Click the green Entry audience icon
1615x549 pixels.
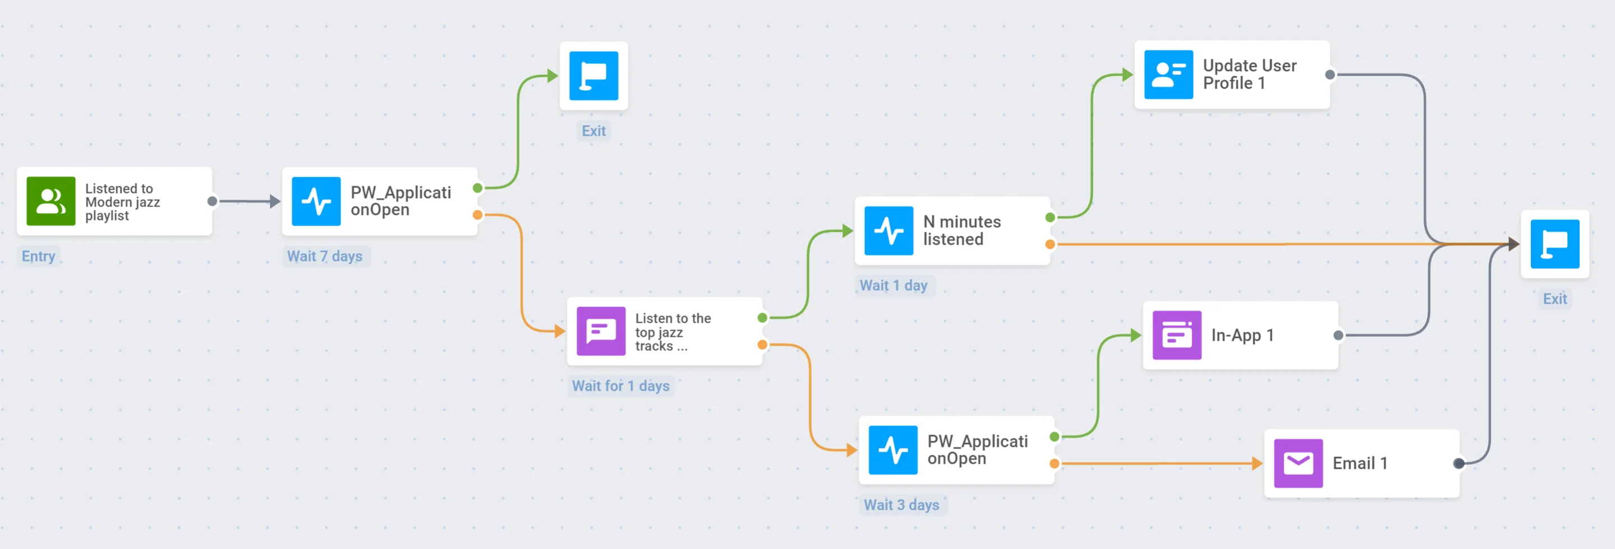(x=51, y=201)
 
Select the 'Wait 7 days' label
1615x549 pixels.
(x=325, y=256)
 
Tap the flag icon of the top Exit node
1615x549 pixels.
(x=593, y=76)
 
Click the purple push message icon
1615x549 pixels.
(x=601, y=331)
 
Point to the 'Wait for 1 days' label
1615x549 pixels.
(x=620, y=386)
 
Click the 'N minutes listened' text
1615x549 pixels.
(x=961, y=230)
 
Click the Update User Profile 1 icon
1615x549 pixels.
(x=1168, y=75)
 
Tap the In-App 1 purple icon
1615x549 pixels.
(x=1176, y=335)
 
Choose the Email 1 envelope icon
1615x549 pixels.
(x=1297, y=463)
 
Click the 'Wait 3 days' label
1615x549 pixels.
(x=901, y=505)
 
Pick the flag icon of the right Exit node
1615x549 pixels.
(x=1554, y=244)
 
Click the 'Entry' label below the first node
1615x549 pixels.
(x=38, y=256)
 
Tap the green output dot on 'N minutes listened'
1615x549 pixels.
(x=1050, y=217)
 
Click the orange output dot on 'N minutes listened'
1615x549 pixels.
(x=1050, y=244)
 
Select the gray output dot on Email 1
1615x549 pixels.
(x=1459, y=463)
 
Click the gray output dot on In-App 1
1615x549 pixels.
(x=1338, y=335)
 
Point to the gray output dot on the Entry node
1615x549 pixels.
(x=212, y=201)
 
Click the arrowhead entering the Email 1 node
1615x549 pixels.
(x=1257, y=463)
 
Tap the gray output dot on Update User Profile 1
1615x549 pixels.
(x=1329, y=75)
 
